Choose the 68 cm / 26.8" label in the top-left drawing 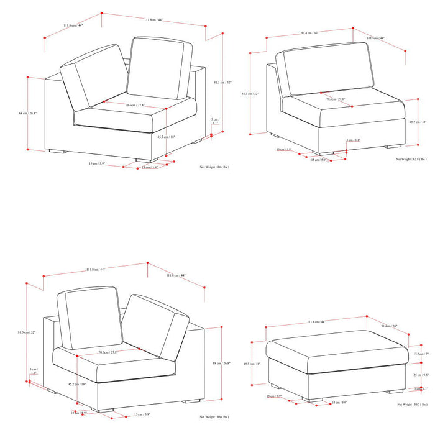[x=28, y=113]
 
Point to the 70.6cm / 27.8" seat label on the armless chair [x=337, y=99]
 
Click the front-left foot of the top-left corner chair [x=56, y=151]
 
